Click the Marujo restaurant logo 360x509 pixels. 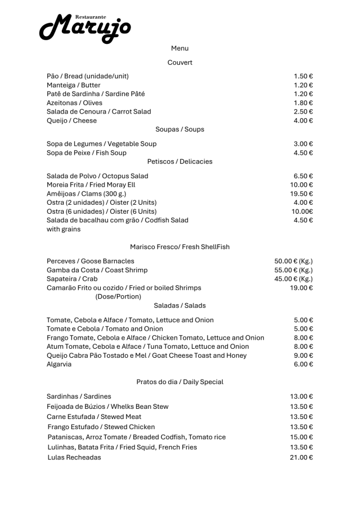pyautogui.click(x=85, y=27)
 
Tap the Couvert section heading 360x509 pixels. pyautogui.click(x=179, y=62)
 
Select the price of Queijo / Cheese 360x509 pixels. pyautogui.click(x=303, y=120)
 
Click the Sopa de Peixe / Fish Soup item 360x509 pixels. pyautogui.click(x=86, y=153)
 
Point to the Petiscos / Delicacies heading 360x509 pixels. pyautogui.click(x=179, y=161)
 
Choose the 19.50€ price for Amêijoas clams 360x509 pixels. pyautogui.click(x=301, y=193)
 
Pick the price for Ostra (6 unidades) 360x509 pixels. pyautogui.click(x=301, y=211)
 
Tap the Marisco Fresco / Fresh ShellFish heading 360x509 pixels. pyautogui.click(x=179, y=247)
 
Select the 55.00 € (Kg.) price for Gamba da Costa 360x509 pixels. pyautogui.click(x=293, y=270)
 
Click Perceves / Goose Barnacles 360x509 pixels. pyautogui.click(x=90, y=261)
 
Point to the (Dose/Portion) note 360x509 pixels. pyautogui.click(x=118, y=296)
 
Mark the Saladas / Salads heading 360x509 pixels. pyautogui.click(x=179, y=305)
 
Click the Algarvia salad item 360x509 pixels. pyautogui.click(x=59, y=364)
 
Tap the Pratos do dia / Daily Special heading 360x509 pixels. pyautogui.click(x=179, y=382)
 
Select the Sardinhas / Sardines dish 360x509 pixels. pyautogui.click(x=79, y=397)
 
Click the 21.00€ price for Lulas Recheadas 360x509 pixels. pyautogui.click(x=301, y=457)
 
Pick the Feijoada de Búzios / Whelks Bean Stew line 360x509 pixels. pyautogui.click(x=107, y=407)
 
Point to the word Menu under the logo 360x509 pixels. pyautogui.click(x=179, y=48)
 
